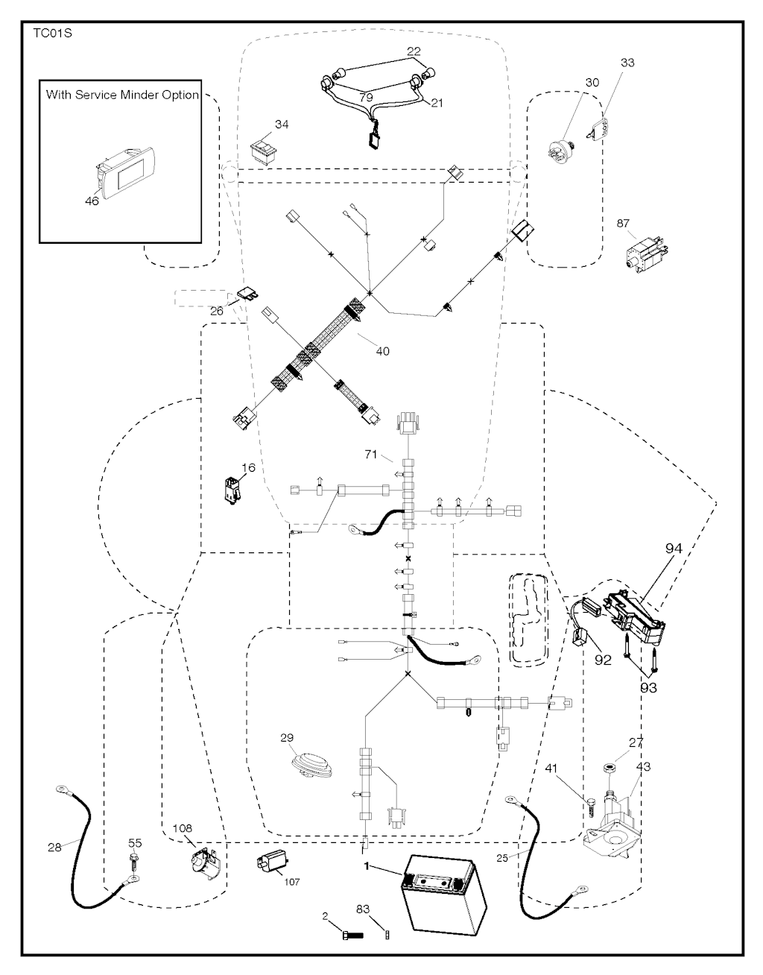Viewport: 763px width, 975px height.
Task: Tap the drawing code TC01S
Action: coord(52,34)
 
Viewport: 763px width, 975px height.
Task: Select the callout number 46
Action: coord(92,201)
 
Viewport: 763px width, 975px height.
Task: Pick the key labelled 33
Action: coord(596,128)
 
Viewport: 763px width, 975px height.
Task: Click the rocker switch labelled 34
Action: coord(265,153)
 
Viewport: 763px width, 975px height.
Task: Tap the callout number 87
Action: coord(623,223)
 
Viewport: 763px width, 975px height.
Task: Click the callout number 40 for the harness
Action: coord(382,351)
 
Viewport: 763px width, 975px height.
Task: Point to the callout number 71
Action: coord(370,455)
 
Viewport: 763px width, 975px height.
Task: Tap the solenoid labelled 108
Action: coord(204,862)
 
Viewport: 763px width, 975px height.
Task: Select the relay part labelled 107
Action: coord(273,864)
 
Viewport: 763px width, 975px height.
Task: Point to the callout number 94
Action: coord(674,549)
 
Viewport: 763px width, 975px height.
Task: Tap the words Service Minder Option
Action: coord(137,95)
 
